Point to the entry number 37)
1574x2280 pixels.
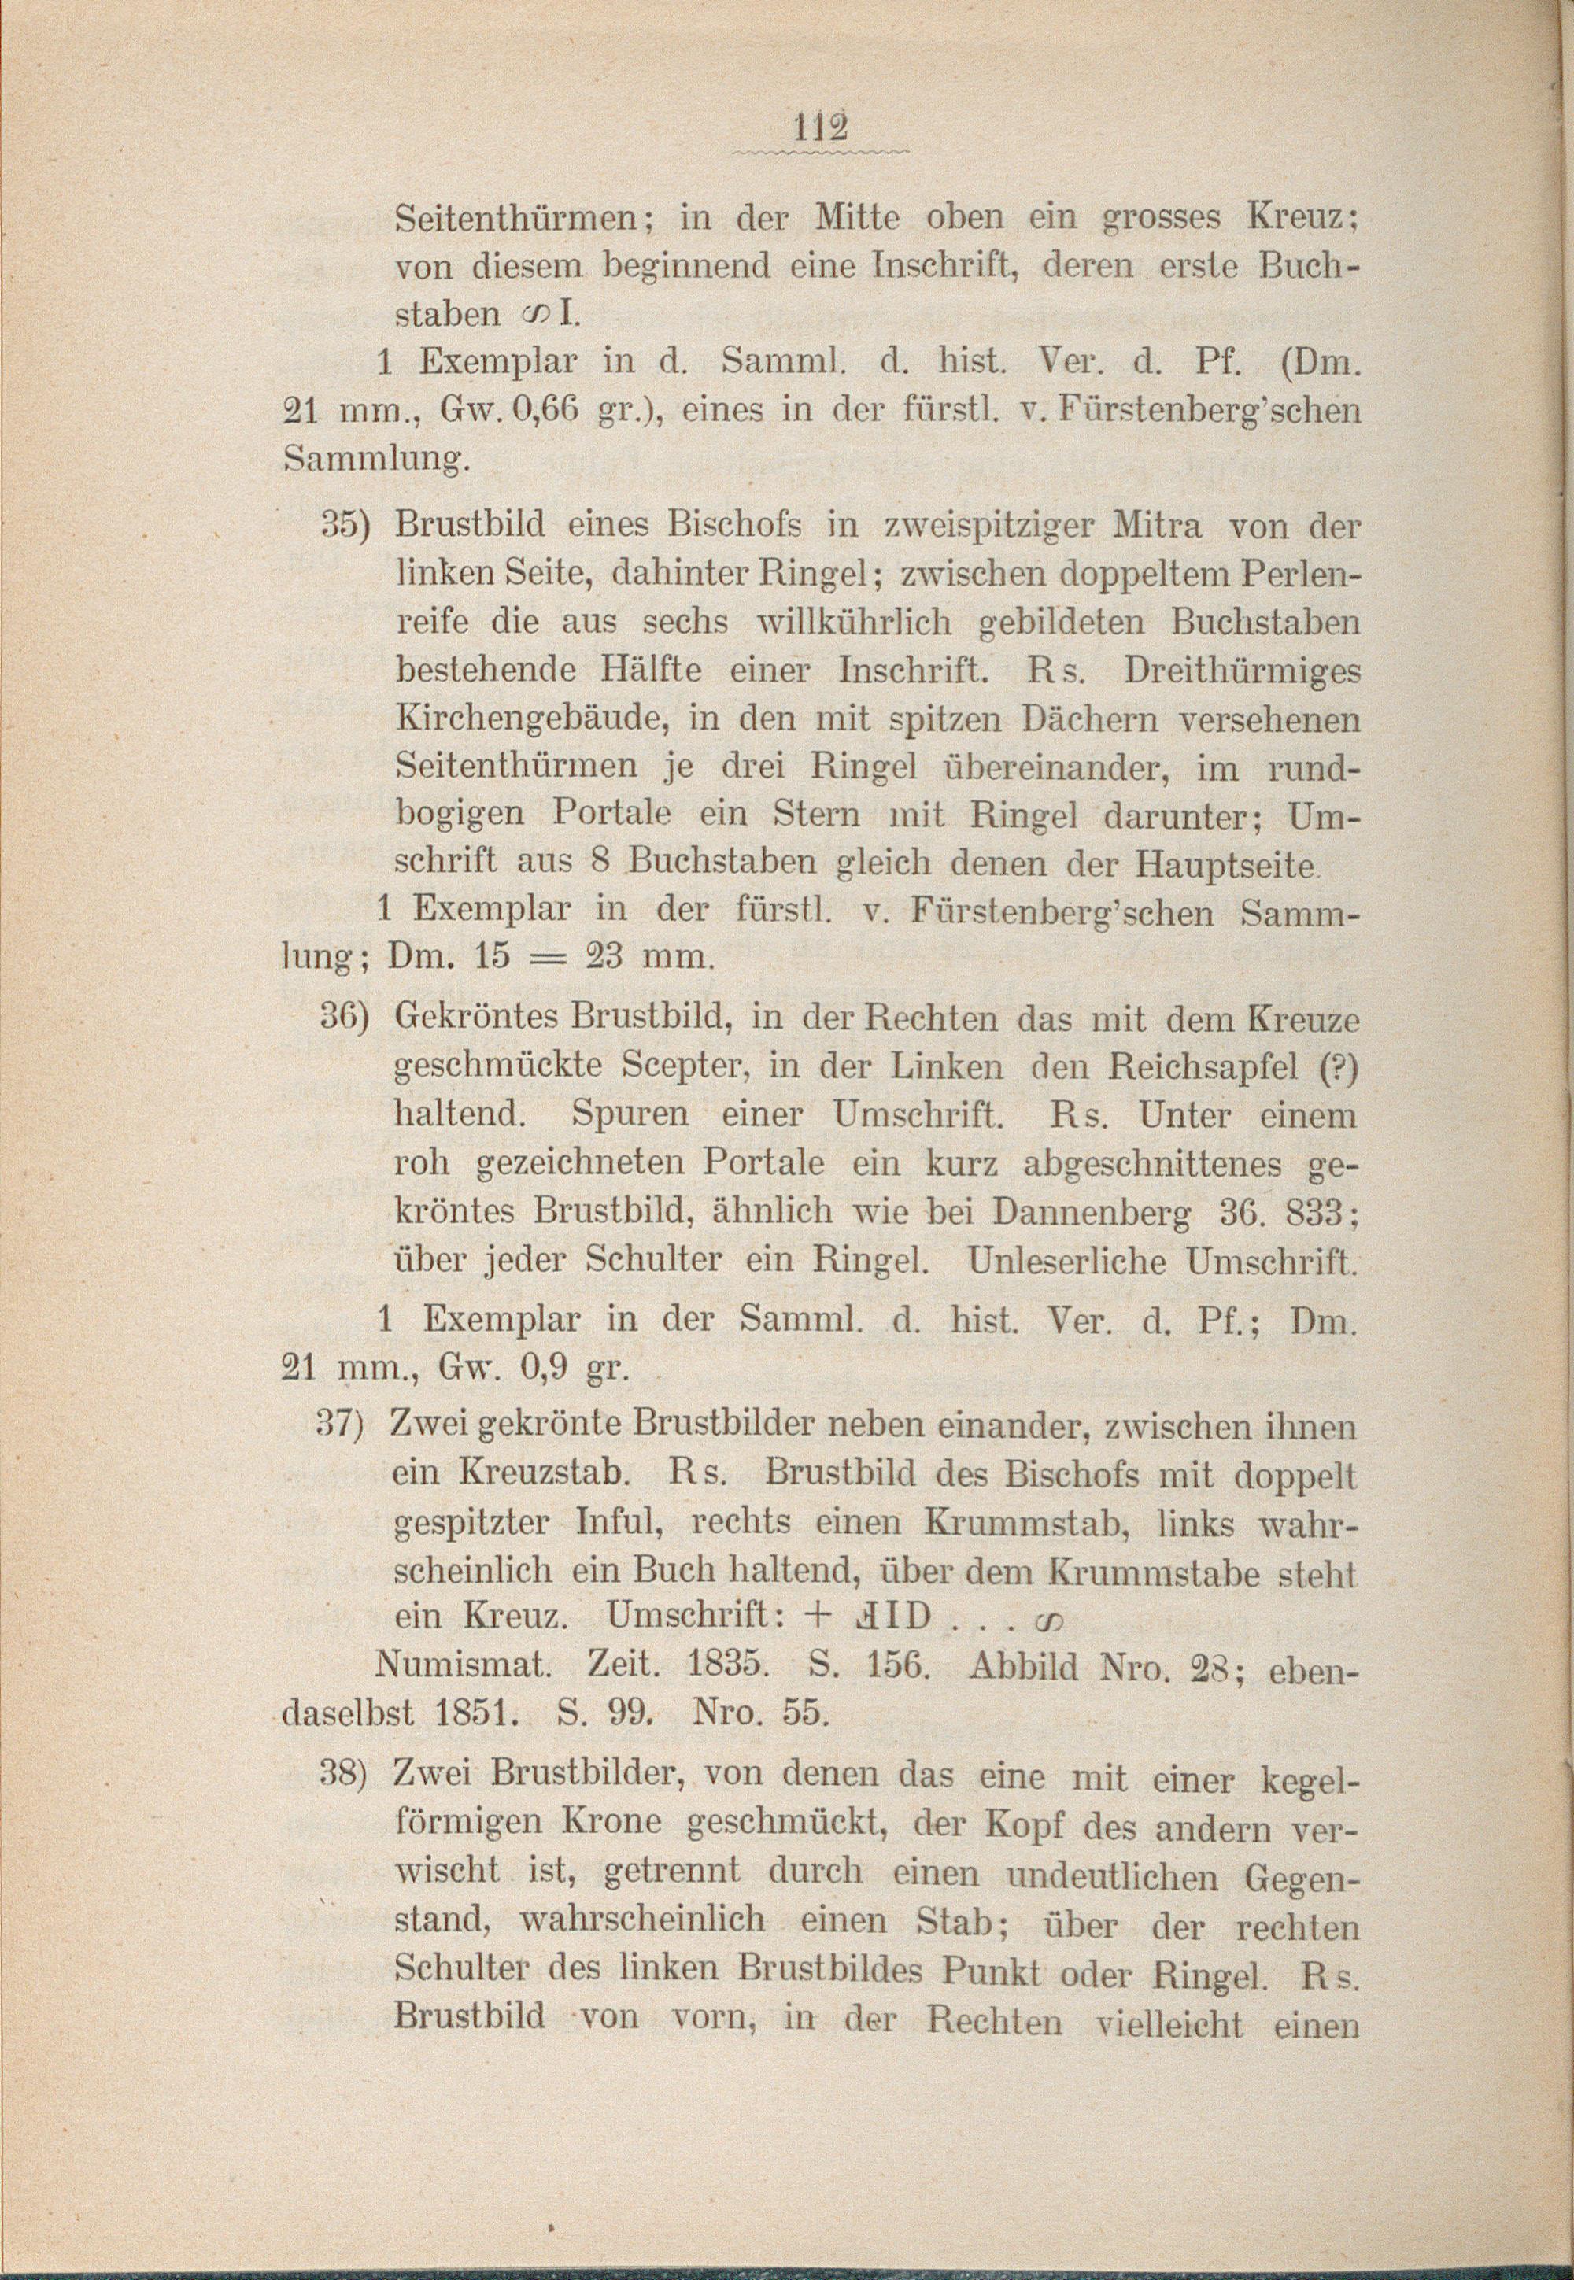[343, 1427]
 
